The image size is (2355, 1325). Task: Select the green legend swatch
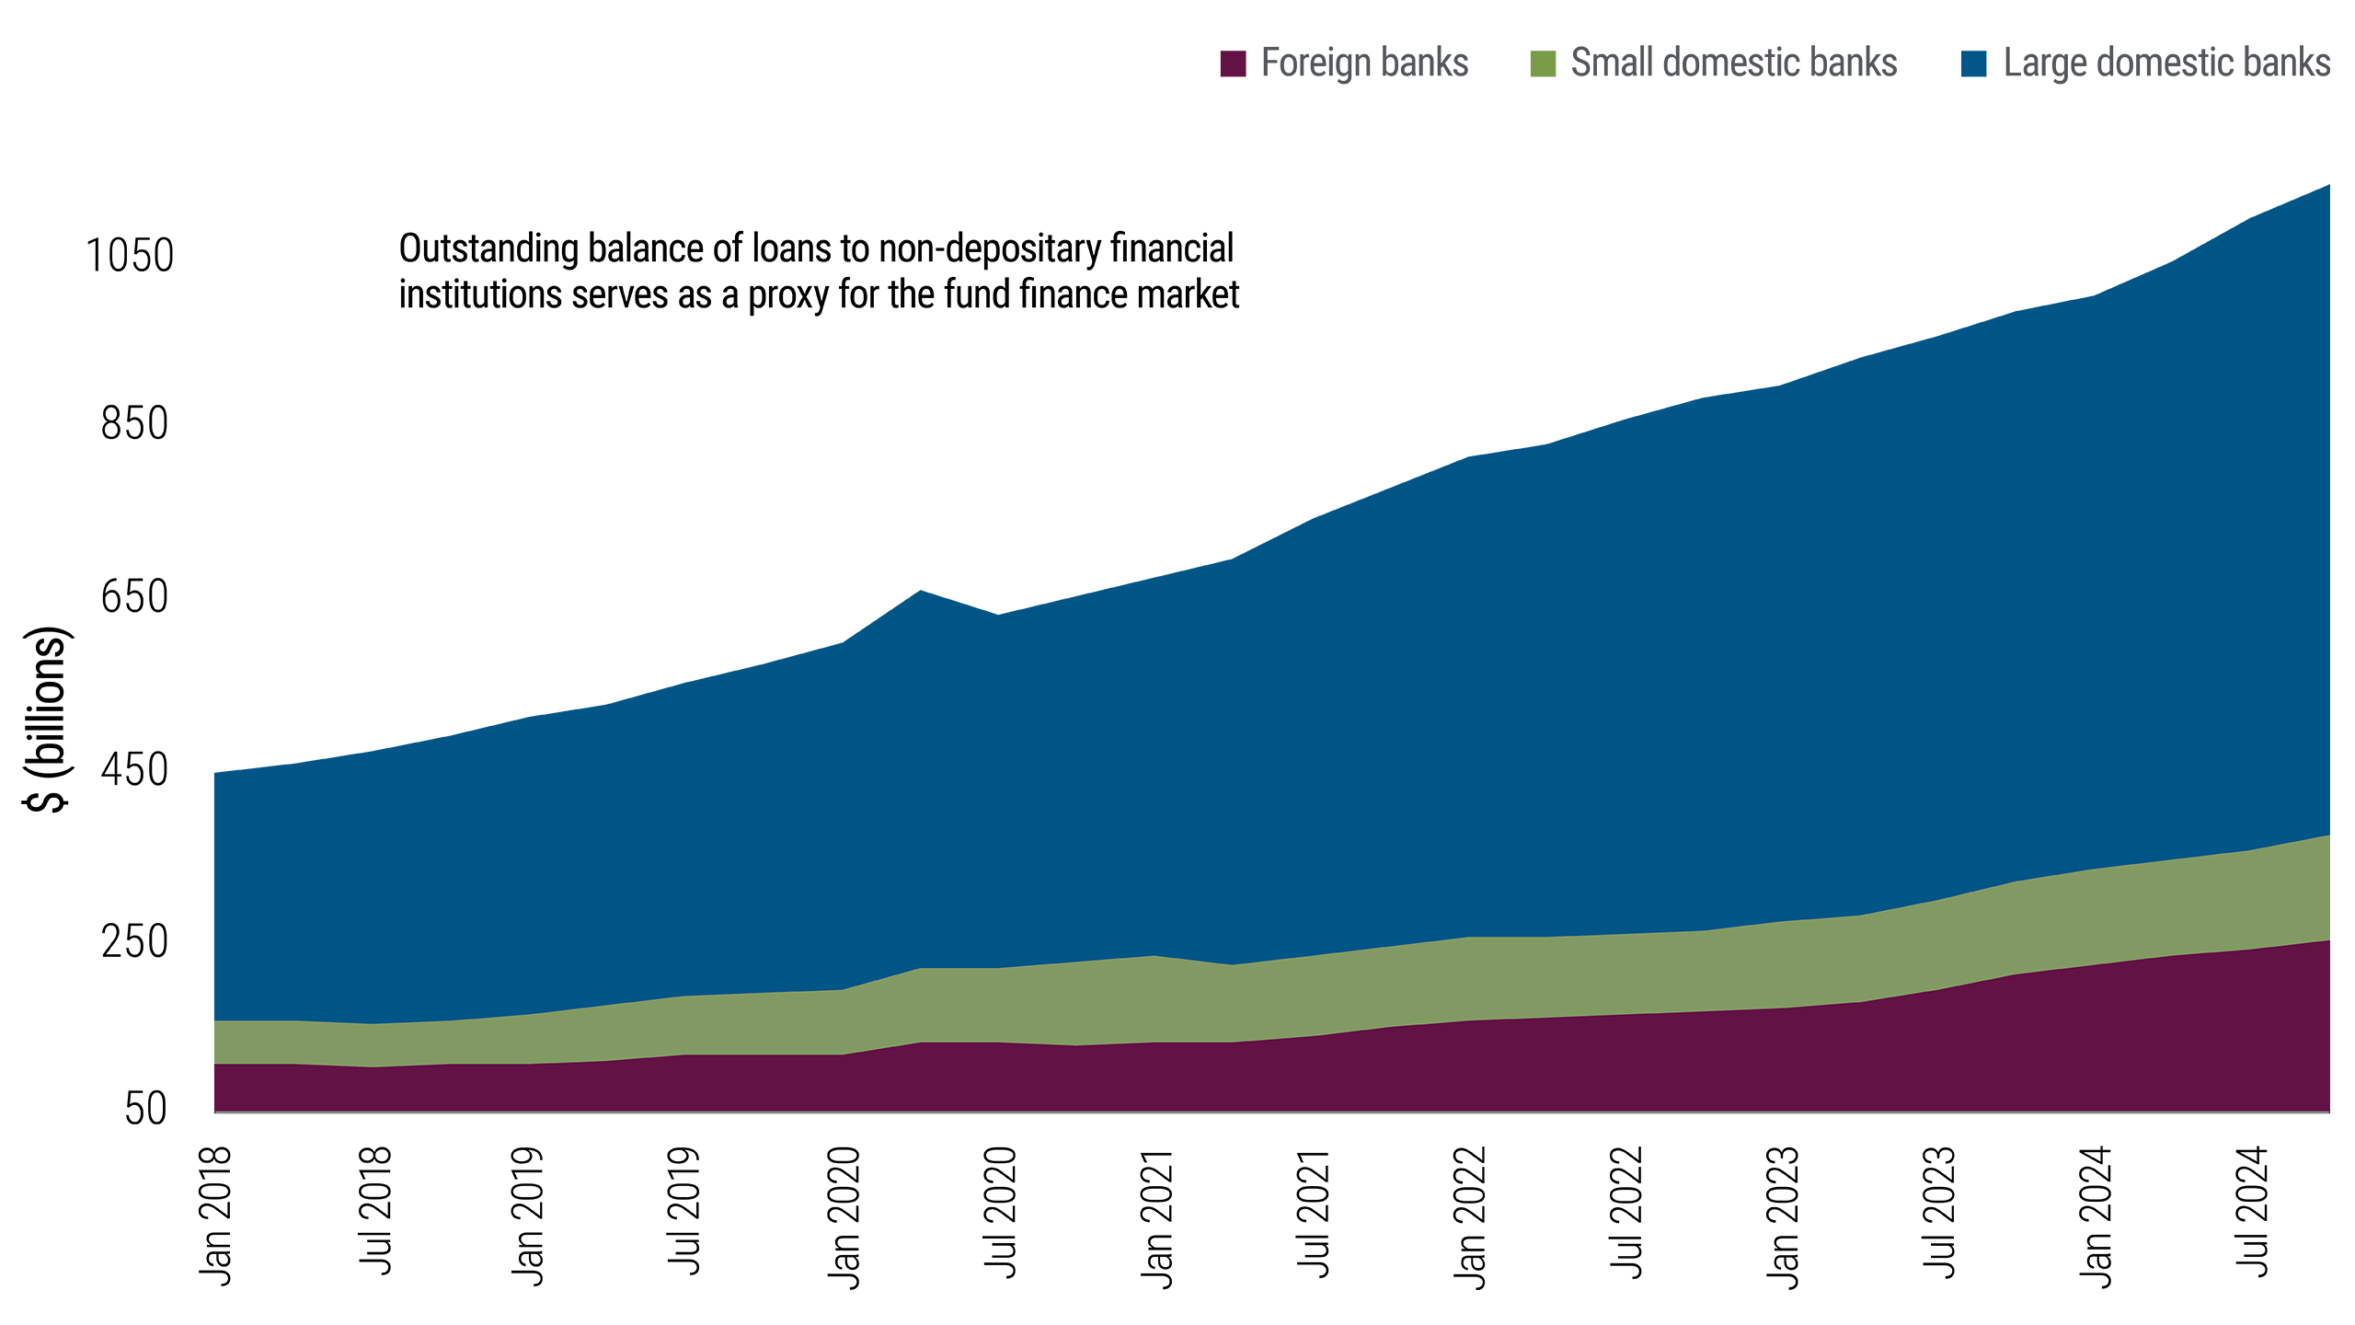point(1531,87)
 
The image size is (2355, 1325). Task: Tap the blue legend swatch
point(1961,87)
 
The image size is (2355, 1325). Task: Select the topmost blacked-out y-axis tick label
point(131,254)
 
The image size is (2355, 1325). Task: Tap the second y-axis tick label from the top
point(134,421)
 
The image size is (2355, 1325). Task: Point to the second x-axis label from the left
point(373,1209)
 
